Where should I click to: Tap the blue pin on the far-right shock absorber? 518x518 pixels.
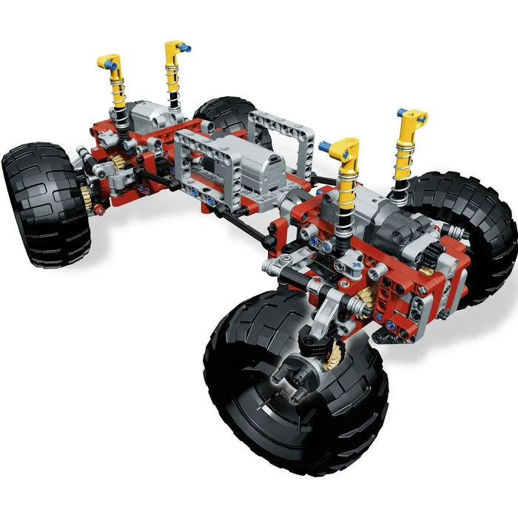[x=400, y=113]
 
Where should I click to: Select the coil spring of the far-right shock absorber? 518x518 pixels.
[x=400, y=189]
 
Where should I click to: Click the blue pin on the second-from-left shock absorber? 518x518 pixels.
[x=188, y=48]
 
